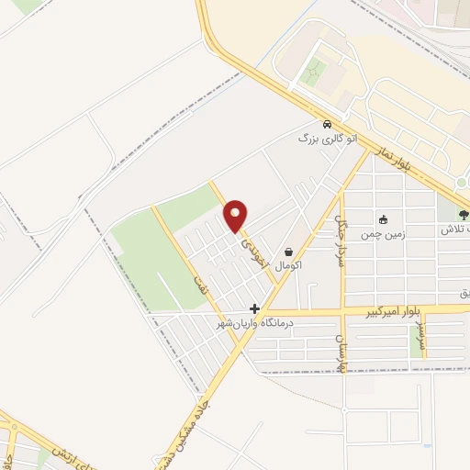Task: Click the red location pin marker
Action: pyautogui.click(x=236, y=216)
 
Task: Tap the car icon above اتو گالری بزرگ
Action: pyautogui.click(x=326, y=125)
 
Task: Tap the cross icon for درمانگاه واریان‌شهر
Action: pyautogui.click(x=254, y=308)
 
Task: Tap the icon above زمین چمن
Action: pyautogui.click(x=383, y=219)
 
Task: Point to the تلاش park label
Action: pyautogui.click(x=455, y=229)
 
